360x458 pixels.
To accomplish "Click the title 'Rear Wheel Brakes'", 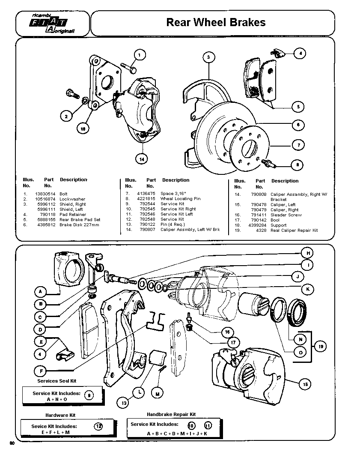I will click(216, 22).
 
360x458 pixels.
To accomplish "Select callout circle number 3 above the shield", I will click(208, 57).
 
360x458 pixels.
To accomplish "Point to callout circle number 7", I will click(298, 145).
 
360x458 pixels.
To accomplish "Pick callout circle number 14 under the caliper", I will click(141, 159).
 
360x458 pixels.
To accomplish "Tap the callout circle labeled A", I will click(40, 292).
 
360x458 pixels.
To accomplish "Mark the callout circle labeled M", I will click(158, 393).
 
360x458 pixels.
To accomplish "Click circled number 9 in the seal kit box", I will click(89, 395).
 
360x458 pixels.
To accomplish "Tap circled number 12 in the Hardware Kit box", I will click(98, 426).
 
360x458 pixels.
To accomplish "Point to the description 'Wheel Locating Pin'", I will click(180, 199).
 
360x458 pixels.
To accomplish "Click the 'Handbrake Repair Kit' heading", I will click(171, 415).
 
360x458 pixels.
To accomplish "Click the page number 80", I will click(12, 443).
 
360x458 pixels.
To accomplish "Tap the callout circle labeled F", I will click(40, 370).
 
